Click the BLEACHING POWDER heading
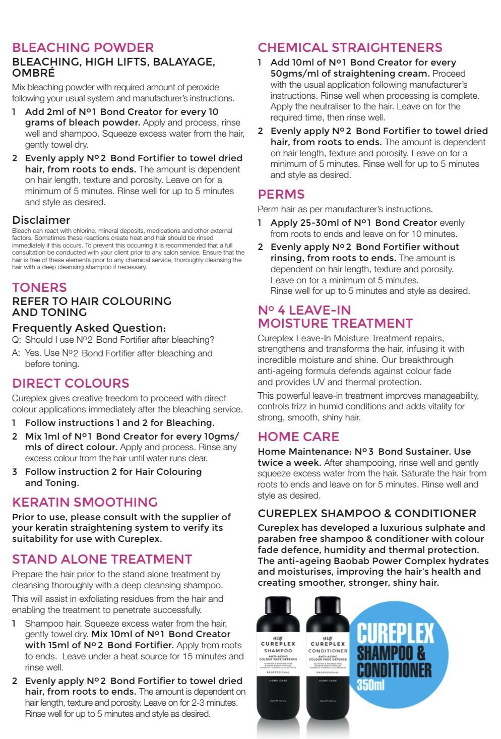(83, 48)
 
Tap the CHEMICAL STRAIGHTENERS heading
(350, 48)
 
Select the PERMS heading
(281, 195)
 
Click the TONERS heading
(39, 288)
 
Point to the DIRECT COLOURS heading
(71, 383)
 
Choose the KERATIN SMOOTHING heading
(85, 502)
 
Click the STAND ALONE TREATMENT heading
(102, 560)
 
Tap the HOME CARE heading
(298, 437)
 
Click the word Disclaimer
(41, 220)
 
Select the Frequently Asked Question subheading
(89, 328)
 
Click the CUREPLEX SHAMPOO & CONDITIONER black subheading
(366, 514)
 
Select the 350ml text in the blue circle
(370, 685)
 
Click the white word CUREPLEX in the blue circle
(395, 634)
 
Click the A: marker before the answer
(17, 353)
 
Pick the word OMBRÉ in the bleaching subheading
(34, 73)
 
